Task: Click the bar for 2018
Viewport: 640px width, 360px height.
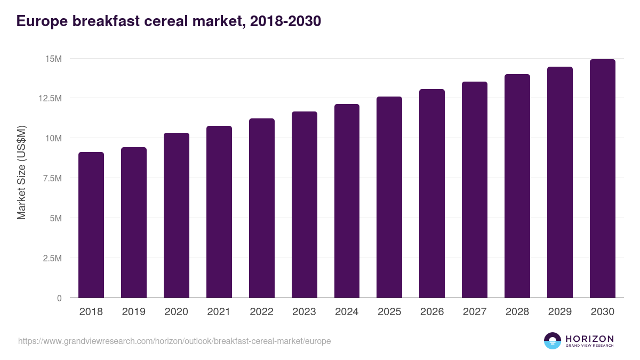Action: pos(91,225)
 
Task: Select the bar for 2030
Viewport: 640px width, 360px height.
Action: pos(602,179)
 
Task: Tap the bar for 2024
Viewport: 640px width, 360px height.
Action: pos(347,201)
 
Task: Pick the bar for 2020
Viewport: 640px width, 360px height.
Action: pos(177,215)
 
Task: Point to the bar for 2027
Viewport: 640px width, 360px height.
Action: pos(475,190)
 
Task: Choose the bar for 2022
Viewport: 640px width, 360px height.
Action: pos(262,208)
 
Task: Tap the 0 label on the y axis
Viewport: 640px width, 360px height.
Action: pos(59,298)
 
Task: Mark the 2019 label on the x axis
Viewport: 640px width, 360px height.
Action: pos(134,312)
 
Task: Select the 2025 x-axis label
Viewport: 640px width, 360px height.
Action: pos(389,312)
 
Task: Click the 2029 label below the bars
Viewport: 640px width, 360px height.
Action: pos(559,312)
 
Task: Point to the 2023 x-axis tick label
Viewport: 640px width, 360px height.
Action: pos(304,312)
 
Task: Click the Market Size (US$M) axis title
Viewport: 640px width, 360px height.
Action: pos(21,173)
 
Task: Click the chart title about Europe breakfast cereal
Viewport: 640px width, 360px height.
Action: pos(169,21)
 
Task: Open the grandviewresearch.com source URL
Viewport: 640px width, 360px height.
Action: pos(174,341)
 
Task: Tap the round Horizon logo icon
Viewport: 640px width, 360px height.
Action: pos(553,341)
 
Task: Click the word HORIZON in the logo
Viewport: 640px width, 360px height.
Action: pos(589,339)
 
